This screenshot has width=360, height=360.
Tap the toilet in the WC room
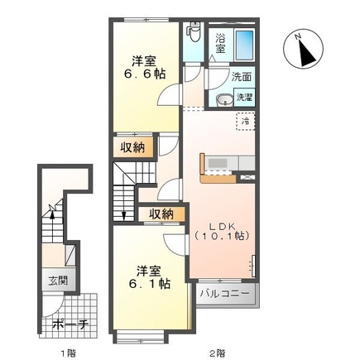pyautogui.click(x=193, y=31)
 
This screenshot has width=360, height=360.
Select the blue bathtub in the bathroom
pyautogui.click(x=244, y=46)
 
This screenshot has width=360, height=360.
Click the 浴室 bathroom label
pyautogui.click(x=220, y=43)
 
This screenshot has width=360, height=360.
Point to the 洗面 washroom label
pyautogui.click(x=242, y=77)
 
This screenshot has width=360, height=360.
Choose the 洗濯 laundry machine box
pyautogui.click(x=244, y=97)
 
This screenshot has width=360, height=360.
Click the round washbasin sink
pyautogui.click(x=223, y=100)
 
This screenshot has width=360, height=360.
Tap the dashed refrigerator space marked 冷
pyautogui.click(x=245, y=121)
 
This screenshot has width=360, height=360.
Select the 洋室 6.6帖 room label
pyautogui.click(x=144, y=68)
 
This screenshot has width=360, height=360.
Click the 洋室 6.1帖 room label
pyautogui.click(x=149, y=277)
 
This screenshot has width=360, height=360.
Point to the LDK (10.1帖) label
pyautogui.click(x=222, y=231)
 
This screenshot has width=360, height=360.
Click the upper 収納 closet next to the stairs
pyautogui.click(x=132, y=148)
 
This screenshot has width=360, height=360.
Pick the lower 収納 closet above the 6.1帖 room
pyautogui.click(x=161, y=214)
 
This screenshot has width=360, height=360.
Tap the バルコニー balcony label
pyautogui.click(x=223, y=293)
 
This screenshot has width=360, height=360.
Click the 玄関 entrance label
pyautogui.click(x=58, y=281)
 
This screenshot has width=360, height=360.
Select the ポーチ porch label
pyautogui.click(x=70, y=325)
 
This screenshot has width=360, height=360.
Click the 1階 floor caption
pyautogui.click(x=68, y=353)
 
